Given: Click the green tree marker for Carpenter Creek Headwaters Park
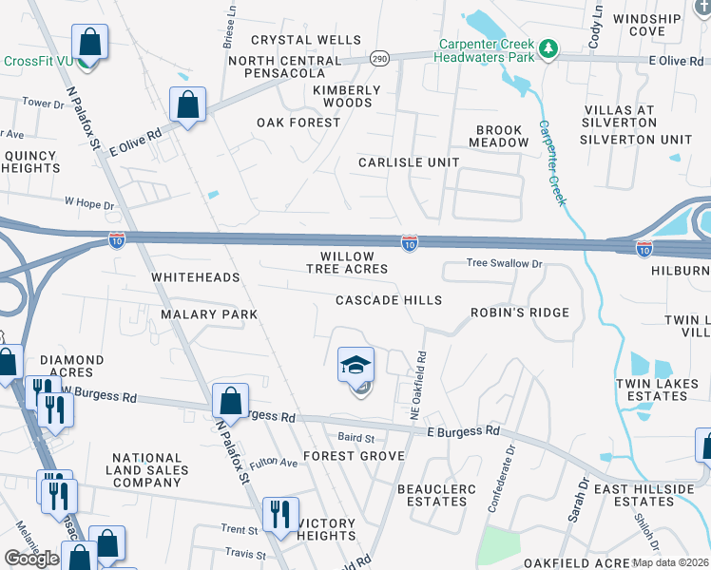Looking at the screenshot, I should click(548, 48).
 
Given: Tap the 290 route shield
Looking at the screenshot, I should click(378, 58).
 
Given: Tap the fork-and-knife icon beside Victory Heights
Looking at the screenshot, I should click(279, 515).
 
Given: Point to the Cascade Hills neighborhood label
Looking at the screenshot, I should click(389, 300).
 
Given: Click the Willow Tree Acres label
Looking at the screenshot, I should click(347, 262).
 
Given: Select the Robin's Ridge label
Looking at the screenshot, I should click(520, 313).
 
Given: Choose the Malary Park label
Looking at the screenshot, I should click(209, 313).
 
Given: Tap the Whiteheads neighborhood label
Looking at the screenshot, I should click(195, 277).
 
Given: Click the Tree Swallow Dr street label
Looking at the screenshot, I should click(504, 264).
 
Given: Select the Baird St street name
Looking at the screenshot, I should click(356, 438).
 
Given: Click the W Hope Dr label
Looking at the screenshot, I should click(88, 203).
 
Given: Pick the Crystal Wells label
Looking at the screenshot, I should click(306, 40).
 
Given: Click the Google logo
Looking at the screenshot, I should click(31, 558).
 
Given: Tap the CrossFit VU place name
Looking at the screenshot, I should click(38, 61).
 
